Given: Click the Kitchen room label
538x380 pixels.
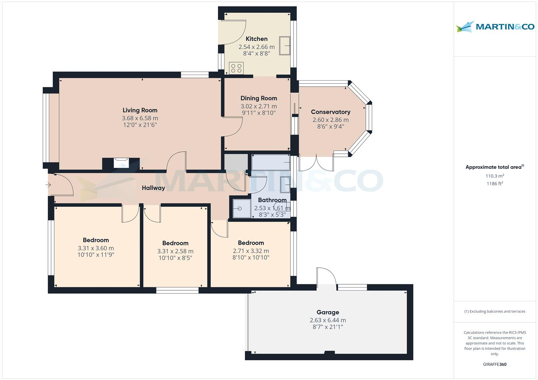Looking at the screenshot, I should [x=256, y=39].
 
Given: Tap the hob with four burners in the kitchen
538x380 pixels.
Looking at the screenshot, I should [x=236, y=68].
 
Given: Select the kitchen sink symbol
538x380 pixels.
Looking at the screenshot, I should [x=285, y=46].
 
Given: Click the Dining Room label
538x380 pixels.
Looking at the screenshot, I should [x=259, y=98].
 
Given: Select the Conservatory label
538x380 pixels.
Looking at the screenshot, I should [x=330, y=112].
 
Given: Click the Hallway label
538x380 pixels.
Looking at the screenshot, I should [x=153, y=188].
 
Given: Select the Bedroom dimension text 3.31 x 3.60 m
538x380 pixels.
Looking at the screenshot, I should [x=96, y=248].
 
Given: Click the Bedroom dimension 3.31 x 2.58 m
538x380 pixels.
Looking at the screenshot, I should [x=175, y=251].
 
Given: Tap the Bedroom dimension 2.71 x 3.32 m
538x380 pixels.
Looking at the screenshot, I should [x=251, y=251].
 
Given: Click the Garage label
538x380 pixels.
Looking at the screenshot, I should [x=328, y=312].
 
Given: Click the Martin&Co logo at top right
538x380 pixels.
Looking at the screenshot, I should [x=495, y=27].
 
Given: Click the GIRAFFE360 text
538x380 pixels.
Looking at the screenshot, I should [x=495, y=364].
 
